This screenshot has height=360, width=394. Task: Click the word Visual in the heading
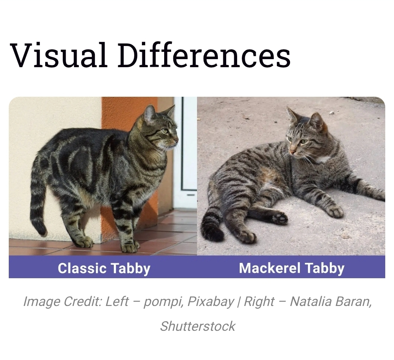58,55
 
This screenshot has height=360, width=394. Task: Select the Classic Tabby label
104,268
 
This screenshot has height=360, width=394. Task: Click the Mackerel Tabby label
291,268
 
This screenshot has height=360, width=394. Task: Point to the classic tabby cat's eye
165,131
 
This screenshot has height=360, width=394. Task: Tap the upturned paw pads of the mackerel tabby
279,218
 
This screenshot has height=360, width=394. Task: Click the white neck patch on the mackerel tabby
322,159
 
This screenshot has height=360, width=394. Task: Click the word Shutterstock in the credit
197,326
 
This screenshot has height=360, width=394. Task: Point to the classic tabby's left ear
150,114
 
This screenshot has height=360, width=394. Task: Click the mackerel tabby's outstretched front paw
335,211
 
